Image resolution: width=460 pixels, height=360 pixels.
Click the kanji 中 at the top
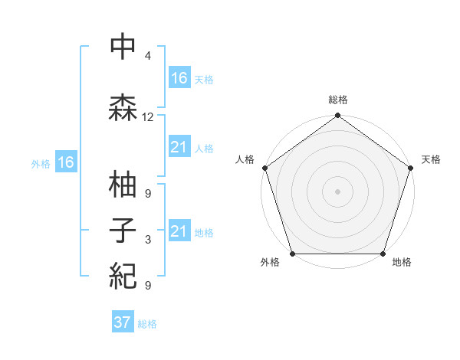coord(123,47)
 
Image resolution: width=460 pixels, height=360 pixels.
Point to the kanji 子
coord(123,231)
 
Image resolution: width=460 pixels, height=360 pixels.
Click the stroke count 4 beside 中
coord(148,56)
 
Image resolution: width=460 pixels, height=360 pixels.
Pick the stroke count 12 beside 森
coord(148,117)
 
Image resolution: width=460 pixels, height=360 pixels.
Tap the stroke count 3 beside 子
coord(148,240)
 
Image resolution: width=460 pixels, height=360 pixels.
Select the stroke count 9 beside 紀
coord(148,286)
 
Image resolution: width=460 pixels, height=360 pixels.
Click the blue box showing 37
coord(123,322)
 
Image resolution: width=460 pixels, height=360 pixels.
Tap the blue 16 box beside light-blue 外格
coord(66,162)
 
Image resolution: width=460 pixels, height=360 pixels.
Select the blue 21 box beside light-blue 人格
coord(179,147)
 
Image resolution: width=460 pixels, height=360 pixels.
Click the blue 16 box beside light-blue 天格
coord(179,78)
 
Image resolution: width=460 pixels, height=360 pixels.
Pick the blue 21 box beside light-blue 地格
coord(179,231)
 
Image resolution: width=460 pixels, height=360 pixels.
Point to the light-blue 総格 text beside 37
coord(147,324)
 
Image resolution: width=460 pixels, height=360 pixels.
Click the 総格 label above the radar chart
coord(338,100)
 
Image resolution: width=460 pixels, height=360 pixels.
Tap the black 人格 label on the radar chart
coord(245,159)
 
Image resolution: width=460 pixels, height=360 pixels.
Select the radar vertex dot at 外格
coord(292,254)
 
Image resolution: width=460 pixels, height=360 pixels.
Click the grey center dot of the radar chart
coord(337,191)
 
